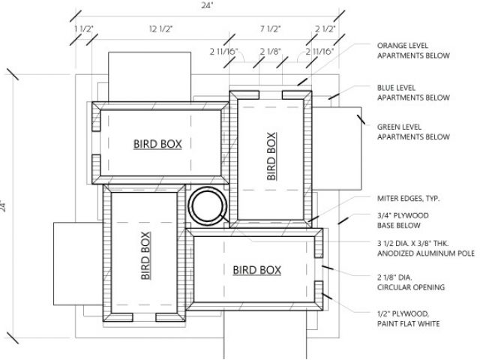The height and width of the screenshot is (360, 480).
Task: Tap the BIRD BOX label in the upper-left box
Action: [157, 142]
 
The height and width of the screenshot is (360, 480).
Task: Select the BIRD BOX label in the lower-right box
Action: [256, 269]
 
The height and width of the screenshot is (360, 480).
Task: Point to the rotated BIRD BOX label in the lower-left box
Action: [144, 255]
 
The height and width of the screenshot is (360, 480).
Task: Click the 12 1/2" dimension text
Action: [161, 28]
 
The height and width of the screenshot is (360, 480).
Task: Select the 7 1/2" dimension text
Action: [270, 28]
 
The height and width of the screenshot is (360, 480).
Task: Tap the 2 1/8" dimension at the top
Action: [270, 51]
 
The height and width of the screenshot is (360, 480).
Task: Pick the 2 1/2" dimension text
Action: [325, 28]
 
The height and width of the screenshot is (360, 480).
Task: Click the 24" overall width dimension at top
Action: [207, 4]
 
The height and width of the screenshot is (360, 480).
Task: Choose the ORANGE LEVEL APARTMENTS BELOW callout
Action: [413, 50]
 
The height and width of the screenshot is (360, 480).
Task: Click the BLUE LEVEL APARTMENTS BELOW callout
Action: [413, 92]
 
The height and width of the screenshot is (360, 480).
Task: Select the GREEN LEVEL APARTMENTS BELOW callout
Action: [413, 132]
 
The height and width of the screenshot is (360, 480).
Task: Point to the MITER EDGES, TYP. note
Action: [408, 199]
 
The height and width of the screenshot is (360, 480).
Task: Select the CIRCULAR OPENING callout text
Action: [411, 286]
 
